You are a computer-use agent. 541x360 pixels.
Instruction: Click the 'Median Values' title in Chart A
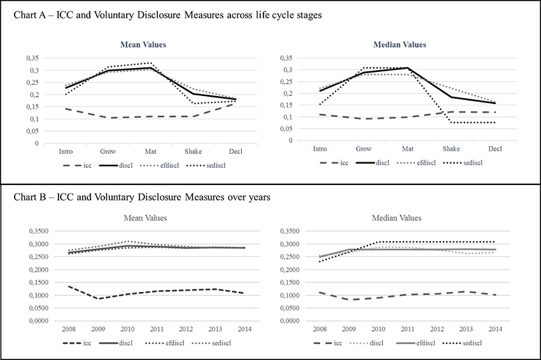[x=400, y=45]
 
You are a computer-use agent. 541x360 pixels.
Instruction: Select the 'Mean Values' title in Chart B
[x=146, y=218]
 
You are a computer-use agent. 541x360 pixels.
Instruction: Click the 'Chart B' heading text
[x=142, y=197]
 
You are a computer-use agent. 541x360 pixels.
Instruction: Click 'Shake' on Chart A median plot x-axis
[x=451, y=149]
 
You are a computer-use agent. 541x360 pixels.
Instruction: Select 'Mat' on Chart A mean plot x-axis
[x=150, y=152]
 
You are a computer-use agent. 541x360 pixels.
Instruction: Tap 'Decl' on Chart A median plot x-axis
[x=495, y=149]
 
